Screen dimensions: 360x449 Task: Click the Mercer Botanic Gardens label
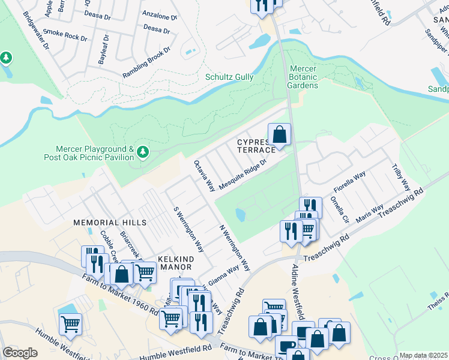tap(303, 77)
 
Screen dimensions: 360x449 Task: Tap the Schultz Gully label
tap(229, 77)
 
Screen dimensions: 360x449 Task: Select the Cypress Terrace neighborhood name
tap(256, 145)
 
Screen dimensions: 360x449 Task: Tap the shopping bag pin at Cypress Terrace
tap(279, 135)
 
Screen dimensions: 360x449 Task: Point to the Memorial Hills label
tap(110, 223)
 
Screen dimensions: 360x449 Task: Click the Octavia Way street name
tap(204, 176)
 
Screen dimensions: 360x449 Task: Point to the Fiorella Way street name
tap(350, 182)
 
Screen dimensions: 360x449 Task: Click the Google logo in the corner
tap(20, 353)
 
